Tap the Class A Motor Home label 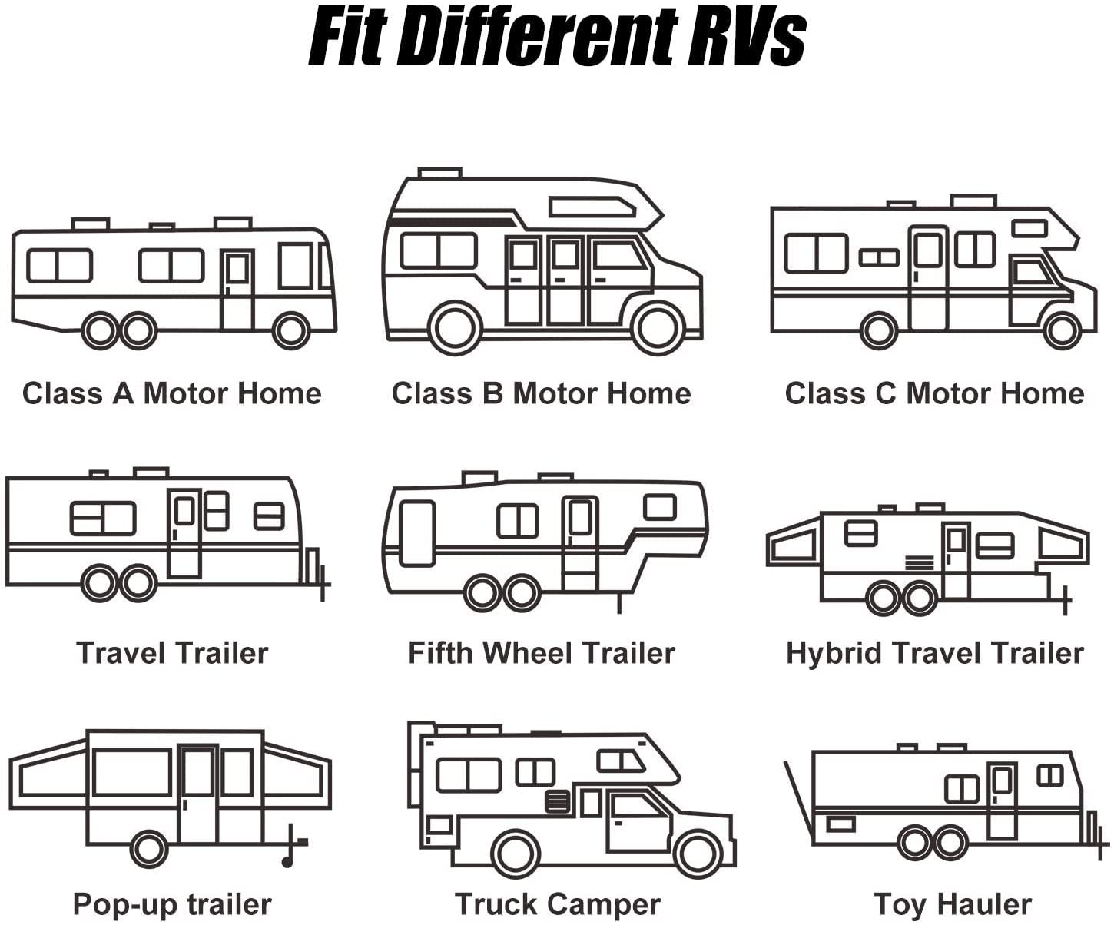pos(171,393)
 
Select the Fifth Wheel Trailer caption pos(541,653)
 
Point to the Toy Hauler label pos(952,904)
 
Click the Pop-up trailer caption pos(171,904)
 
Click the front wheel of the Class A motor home pos(290,330)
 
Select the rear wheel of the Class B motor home pos(456,328)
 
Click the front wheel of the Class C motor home pos(1063,330)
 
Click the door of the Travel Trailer pos(184,533)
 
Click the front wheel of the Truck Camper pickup pos(698,854)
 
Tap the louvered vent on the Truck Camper pos(557,801)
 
